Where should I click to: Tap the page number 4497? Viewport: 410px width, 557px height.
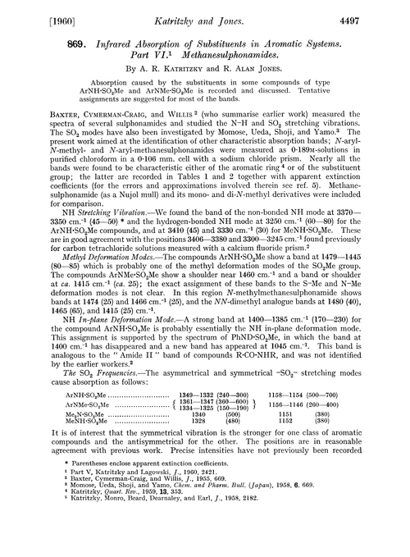coord(382,13)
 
